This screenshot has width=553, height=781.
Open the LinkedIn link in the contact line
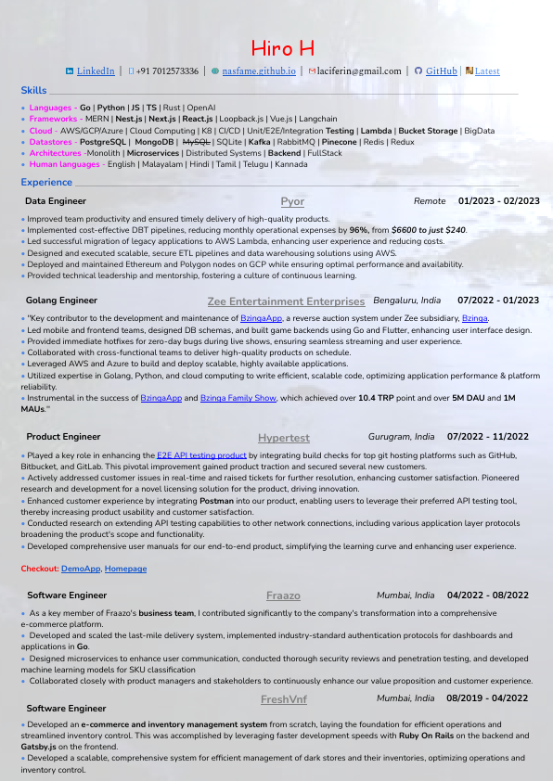pos(96,70)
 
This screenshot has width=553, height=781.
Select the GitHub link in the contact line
pos(441,70)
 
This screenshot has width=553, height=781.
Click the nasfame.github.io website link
pos(259,70)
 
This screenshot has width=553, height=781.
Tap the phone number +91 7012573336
pos(167,70)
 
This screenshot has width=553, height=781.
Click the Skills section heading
pos(33,90)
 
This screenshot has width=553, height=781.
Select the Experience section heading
pos(46,183)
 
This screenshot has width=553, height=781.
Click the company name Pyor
pos(292,201)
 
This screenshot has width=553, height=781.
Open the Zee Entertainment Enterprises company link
pos(286,301)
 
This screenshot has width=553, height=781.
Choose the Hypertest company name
pos(284,438)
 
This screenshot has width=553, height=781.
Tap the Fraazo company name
pos(283,595)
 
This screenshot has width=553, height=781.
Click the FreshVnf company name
pos(284,699)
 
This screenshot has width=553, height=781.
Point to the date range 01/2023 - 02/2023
pos(498,201)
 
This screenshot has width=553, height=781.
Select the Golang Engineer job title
pos(61,301)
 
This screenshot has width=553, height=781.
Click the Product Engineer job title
pos(63,437)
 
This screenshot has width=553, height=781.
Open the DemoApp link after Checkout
pos(81,568)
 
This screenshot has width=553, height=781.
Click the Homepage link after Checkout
pos(125,568)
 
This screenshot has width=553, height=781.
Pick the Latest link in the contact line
pos(486,70)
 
